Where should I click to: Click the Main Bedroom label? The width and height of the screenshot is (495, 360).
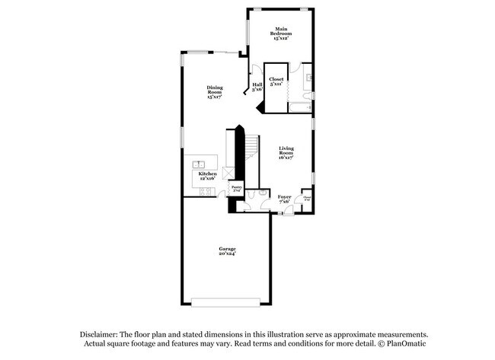[x=281, y=34]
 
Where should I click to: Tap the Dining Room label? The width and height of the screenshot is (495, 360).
[x=215, y=93]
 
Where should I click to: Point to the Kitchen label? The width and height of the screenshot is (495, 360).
[x=208, y=177]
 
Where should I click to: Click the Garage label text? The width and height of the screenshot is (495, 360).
[x=227, y=252]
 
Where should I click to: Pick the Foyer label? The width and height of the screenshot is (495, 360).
[x=284, y=199]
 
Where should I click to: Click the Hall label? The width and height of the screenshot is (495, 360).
[x=257, y=87]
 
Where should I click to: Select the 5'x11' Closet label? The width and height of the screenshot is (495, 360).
[x=276, y=81]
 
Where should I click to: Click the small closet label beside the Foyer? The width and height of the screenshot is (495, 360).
[x=307, y=199]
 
